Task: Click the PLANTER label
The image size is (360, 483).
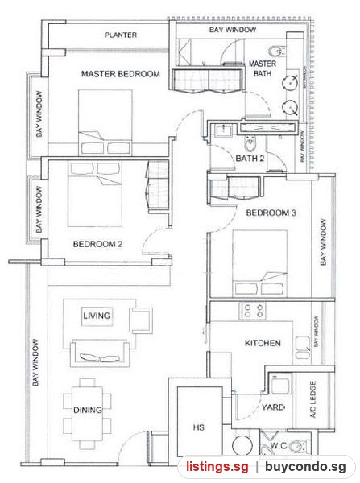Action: pyautogui.click(x=121, y=35)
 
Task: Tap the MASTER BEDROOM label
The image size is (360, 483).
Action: pyautogui.click(x=121, y=74)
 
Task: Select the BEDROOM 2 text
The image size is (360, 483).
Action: pyautogui.click(x=97, y=244)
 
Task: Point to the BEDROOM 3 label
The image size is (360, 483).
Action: pyautogui.click(x=271, y=213)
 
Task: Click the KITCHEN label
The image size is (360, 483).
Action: pyautogui.click(x=263, y=343)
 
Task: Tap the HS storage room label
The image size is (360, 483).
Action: pyautogui.click(x=199, y=427)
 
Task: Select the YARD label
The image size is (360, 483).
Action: pyautogui.click(x=273, y=407)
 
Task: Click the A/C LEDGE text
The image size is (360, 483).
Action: pyautogui.click(x=313, y=399)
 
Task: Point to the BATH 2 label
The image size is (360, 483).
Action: pyautogui.click(x=250, y=159)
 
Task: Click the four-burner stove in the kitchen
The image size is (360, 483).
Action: pyautogui.click(x=254, y=311)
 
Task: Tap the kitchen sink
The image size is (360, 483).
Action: pyautogui.click(x=303, y=348)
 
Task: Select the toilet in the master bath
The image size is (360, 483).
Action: pyautogui.click(x=277, y=52)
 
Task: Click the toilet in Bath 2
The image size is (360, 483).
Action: pyautogui.click(x=250, y=143)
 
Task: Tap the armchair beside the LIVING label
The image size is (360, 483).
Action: pyautogui.click(x=141, y=320)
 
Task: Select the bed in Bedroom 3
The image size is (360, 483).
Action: pyautogui.click(x=260, y=263)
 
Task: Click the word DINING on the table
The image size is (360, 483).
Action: pyautogui.click(x=88, y=411)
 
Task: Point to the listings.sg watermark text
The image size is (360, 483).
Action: pyautogui.click(x=217, y=467)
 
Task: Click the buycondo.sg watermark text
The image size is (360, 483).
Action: pyautogui.click(x=305, y=467)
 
